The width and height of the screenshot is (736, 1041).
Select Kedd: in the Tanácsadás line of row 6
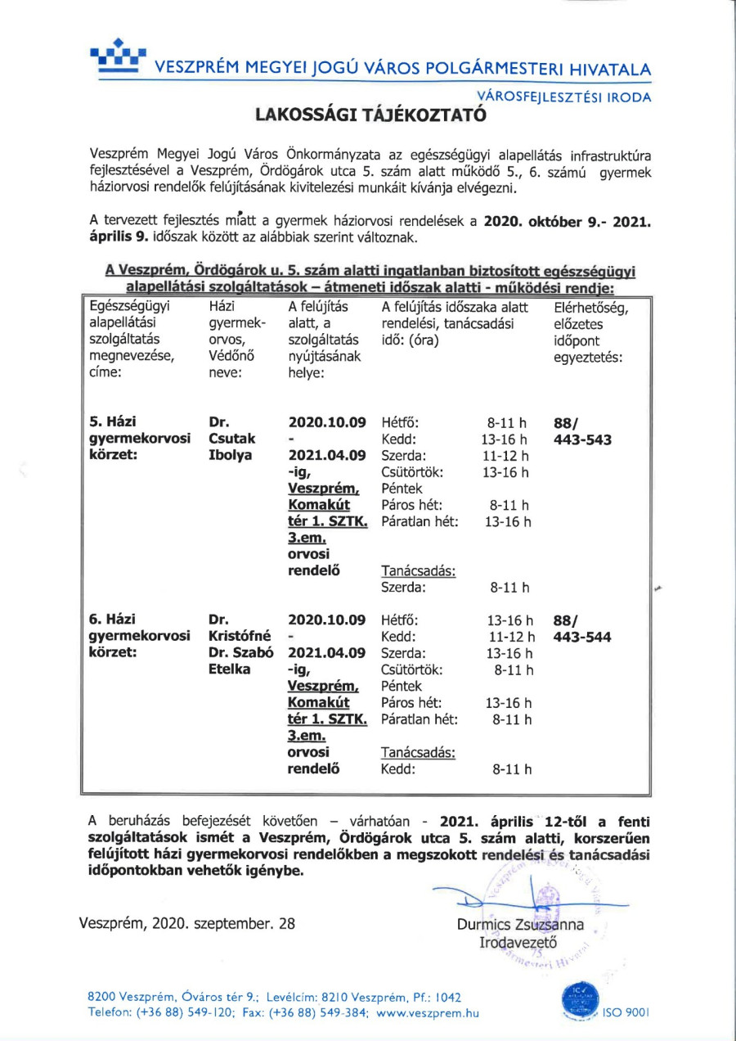(x=398, y=769)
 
